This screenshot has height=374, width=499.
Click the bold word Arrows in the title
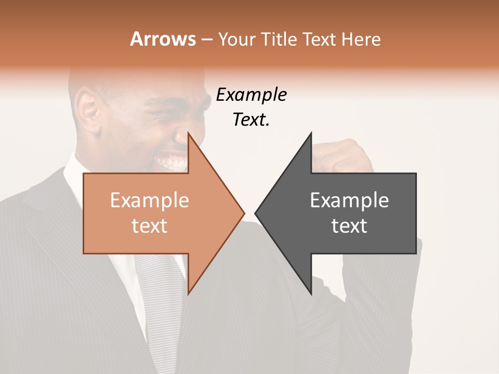[x=163, y=39]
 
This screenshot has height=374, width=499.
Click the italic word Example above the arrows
[x=251, y=95]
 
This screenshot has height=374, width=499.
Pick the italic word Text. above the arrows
[x=251, y=120]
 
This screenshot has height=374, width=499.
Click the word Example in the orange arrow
[x=149, y=201]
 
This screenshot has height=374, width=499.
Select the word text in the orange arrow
[x=149, y=226]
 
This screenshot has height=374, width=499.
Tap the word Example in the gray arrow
[x=349, y=201]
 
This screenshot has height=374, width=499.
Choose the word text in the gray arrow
[x=349, y=226]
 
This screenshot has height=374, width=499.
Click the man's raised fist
[x=340, y=156]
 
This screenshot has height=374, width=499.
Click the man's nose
[x=182, y=136]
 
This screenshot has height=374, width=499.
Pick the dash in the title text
[x=206, y=39]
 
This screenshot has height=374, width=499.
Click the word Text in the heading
[x=319, y=39]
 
